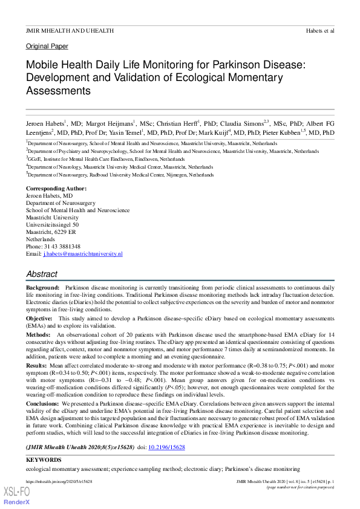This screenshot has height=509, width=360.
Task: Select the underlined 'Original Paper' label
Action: (47, 47)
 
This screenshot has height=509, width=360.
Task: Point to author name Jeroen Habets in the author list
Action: (44, 123)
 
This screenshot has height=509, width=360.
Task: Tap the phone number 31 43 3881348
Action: (61, 247)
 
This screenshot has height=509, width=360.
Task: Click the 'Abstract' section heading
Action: (42, 274)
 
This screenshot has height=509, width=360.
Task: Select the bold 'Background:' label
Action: (43, 287)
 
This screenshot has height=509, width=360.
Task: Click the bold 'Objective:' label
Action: (39, 318)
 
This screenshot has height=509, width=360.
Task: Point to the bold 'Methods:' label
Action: (38, 334)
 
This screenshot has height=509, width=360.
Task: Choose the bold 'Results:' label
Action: (36, 366)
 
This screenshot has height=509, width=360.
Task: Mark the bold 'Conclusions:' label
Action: (42, 402)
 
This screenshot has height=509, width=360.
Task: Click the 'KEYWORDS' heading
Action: (44, 460)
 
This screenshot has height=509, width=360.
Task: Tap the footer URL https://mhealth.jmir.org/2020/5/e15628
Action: (59, 482)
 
